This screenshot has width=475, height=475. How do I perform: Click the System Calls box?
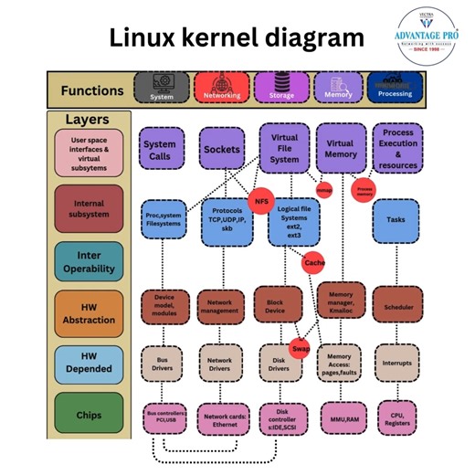[161, 150]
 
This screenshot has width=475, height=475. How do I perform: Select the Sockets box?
[222, 150]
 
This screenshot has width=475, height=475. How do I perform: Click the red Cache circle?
[314, 262]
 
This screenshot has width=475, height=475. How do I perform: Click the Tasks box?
[396, 220]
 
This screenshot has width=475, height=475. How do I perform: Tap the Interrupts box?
[396, 362]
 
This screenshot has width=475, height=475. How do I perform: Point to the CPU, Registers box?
[396, 417]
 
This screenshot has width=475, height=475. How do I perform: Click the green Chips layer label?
[89, 416]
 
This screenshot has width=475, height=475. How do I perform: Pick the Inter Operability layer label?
[89, 262]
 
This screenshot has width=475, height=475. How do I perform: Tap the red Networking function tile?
[222, 88]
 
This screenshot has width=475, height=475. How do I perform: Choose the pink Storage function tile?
[280, 88]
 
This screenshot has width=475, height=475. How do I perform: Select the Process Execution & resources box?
[398, 149]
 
